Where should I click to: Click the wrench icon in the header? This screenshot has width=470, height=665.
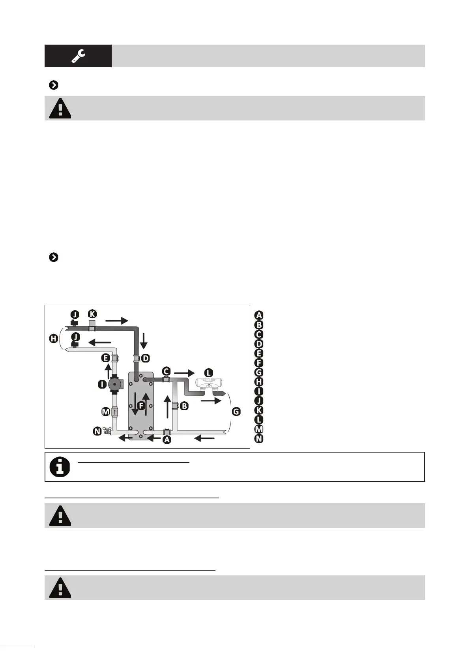78,56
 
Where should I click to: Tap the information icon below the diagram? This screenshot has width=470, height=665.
60,467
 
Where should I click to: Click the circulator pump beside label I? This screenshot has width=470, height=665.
114,383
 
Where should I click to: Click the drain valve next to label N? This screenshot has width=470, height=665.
107,431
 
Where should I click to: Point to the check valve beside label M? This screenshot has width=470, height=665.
114,411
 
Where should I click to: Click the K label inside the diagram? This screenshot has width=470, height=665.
92,314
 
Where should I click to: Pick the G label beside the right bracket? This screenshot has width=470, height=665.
236,411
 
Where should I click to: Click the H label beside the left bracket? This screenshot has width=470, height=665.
53,338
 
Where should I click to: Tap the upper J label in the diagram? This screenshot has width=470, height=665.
75,315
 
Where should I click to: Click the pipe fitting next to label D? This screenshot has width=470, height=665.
136,359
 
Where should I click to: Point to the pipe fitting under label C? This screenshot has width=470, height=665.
166,379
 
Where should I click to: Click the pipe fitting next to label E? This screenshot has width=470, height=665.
114,358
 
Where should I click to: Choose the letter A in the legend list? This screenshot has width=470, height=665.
259,315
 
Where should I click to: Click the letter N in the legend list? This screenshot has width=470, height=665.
259,438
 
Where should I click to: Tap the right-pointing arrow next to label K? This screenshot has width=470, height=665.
116,321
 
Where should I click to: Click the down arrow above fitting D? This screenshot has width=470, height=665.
144,340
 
